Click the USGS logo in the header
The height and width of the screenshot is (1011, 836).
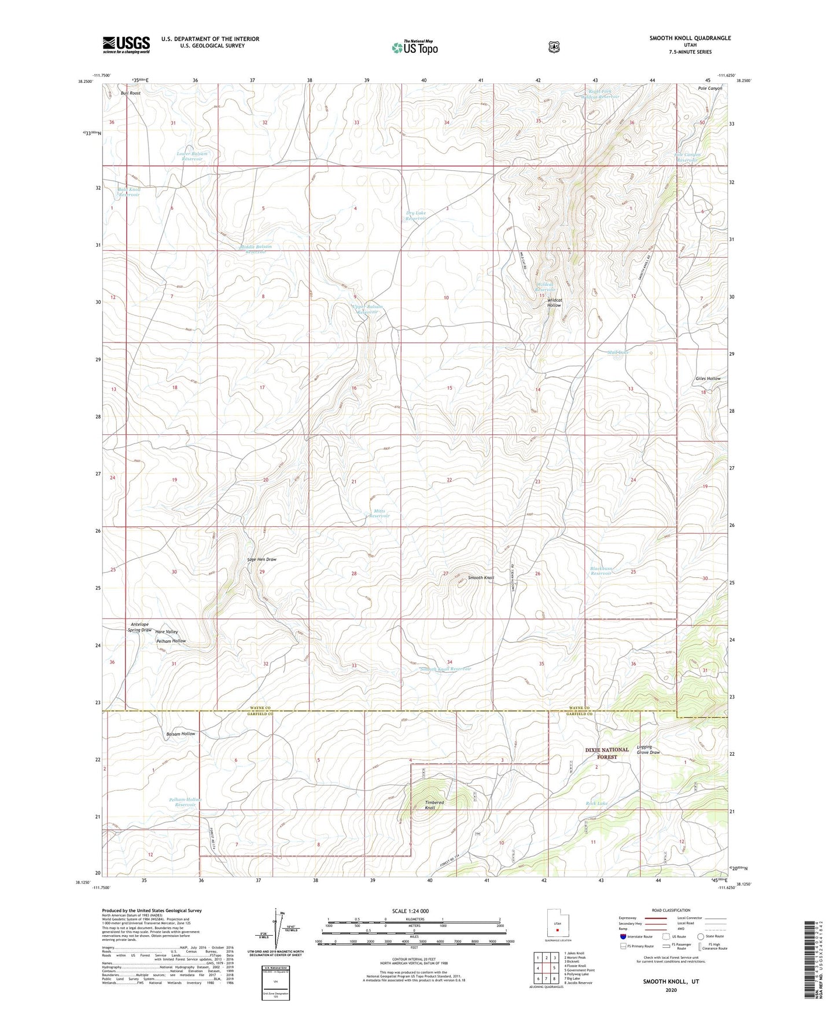pyautogui.click(x=126, y=45)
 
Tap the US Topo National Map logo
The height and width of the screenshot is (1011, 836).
pyautogui.click(x=414, y=47)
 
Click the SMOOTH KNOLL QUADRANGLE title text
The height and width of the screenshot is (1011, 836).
pyautogui.click(x=690, y=38)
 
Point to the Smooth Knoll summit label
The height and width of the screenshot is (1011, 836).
pyautogui.click(x=480, y=578)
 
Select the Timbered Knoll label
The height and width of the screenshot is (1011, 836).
pyautogui.click(x=434, y=805)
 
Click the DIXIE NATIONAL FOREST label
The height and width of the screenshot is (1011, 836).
pyautogui.click(x=607, y=753)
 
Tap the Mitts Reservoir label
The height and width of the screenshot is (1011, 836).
pyautogui.click(x=380, y=514)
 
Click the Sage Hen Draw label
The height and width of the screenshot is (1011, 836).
pyautogui.click(x=262, y=560)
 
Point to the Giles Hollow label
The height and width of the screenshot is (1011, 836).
pyautogui.click(x=708, y=379)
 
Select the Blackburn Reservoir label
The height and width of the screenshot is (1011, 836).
pyautogui.click(x=601, y=571)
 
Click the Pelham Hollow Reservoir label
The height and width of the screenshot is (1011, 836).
pyautogui.click(x=186, y=802)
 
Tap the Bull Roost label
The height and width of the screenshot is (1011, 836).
pyautogui.click(x=131, y=93)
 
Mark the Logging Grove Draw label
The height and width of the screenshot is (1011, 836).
pyautogui.click(x=648, y=750)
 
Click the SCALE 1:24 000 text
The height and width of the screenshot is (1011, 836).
pyautogui.click(x=410, y=911)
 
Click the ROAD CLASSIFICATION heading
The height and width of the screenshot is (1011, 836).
pyautogui.click(x=671, y=910)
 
